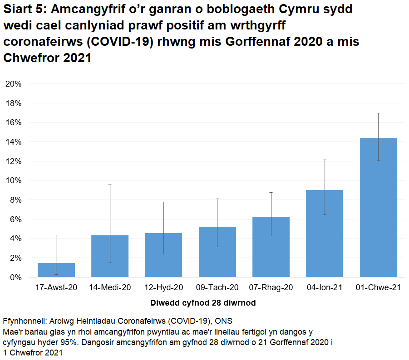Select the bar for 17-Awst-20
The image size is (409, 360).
tap(56, 270)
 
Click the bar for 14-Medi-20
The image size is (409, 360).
tap(110, 256)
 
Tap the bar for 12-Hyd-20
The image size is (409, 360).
tap(163, 255)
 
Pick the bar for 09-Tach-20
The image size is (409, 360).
tap(217, 252)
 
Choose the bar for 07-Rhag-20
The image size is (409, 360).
tap(271, 247)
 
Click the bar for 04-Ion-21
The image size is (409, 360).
tap(325, 234)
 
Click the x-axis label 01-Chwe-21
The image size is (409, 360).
tap(378, 287)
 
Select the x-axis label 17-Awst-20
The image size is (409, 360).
tap(56, 287)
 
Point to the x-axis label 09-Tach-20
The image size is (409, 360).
tap(217, 287)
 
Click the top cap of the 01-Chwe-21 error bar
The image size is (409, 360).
tap(378, 113)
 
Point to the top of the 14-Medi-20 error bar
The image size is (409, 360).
tap(110, 185)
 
